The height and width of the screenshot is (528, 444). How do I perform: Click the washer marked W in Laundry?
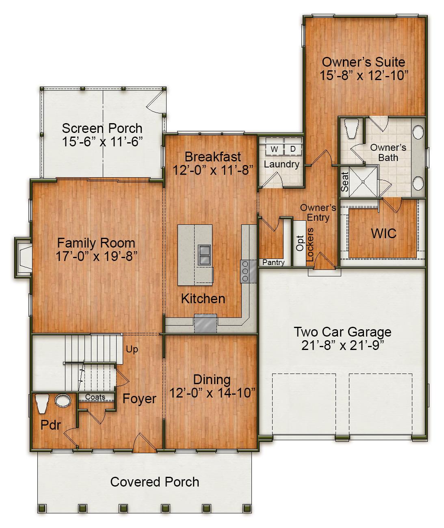pyautogui.click(x=275, y=149)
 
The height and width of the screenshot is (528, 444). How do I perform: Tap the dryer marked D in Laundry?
pyautogui.click(x=293, y=149)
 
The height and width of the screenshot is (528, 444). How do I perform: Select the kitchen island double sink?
pyautogui.click(x=204, y=254)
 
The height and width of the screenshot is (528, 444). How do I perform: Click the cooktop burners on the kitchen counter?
pyautogui.click(x=245, y=271)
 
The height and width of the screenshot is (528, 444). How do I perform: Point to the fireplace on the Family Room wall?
pyautogui.click(x=23, y=258)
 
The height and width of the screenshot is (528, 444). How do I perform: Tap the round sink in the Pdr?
pyautogui.click(x=63, y=401)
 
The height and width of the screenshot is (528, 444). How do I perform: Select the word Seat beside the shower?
pyautogui.click(x=345, y=182)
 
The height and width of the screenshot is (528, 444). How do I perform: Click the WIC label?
pyautogui.click(x=383, y=234)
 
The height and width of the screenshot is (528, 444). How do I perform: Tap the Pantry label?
pyautogui.click(x=273, y=263)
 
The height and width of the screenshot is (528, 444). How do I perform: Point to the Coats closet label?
pyautogui.click(x=95, y=397)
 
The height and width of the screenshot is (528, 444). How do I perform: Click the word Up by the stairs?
pyautogui.click(x=132, y=349)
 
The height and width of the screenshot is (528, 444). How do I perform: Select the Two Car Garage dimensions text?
pyautogui.click(x=342, y=345)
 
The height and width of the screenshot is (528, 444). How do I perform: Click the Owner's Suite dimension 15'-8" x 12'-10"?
pyautogui.click(x=363, y=76)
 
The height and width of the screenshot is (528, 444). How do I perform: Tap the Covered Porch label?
pyautogui.click(x=155, y=482)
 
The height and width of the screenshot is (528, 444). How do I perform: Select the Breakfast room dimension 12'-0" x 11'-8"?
pyautogui.click(x=213, y=170)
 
